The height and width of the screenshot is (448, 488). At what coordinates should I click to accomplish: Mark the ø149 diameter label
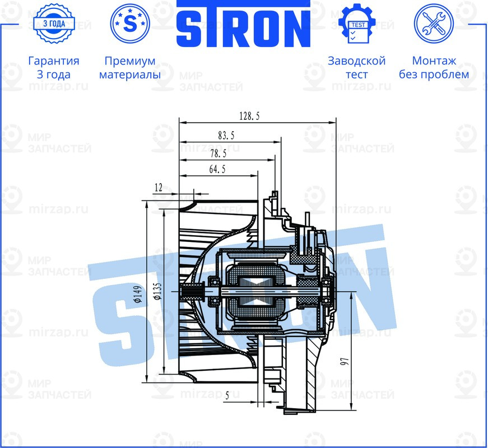(138, 294)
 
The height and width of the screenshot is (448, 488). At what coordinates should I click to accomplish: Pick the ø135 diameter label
(157, 292)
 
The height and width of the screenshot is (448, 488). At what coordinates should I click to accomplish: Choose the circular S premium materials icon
(129, 24)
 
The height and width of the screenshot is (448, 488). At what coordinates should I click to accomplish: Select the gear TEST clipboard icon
(357, 24)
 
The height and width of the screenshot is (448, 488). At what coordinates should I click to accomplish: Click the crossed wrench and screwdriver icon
(434, 24)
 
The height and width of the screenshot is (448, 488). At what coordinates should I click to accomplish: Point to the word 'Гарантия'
(53, 61)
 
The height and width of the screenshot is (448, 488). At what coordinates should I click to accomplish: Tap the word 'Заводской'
(357, 61)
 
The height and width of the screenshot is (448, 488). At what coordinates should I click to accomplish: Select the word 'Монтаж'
(434, 61)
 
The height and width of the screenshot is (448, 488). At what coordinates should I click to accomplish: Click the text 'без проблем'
(434, 74)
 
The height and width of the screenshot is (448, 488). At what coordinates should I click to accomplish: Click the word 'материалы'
(129, 74)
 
